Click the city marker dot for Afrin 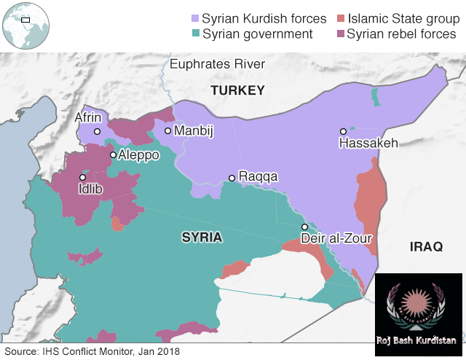[x=97, y=132]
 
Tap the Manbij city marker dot [x=167, y=131]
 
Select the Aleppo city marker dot [x=113, y=154]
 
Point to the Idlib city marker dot [x=83, y=177]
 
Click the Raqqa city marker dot [x=232, y=178]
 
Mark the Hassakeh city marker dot [x=343, y=132]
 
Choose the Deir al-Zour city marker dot [x=304, y=227]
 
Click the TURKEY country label [x=237, y=90]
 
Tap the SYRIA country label [x=202, y=238]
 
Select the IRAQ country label [x=426, y=247]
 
